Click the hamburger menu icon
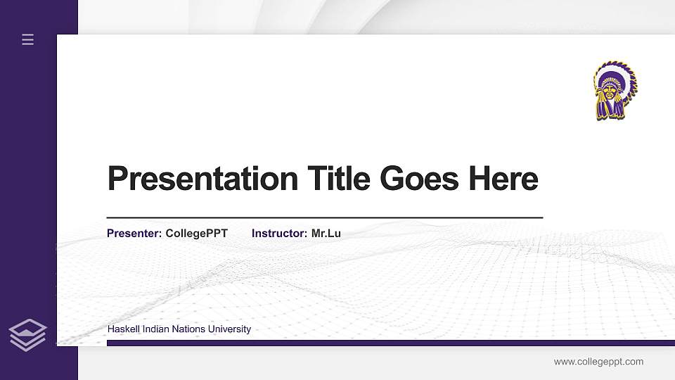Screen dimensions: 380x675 tap(28, 39)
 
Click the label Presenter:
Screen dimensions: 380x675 tap(134, 233)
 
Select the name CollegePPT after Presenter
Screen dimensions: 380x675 tap(197, 233)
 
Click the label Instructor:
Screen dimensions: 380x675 tap(279, 233)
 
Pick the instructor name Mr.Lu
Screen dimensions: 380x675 tap(326, 233)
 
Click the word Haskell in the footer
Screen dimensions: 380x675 tap(123, 329)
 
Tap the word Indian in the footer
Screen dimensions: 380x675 tap(155, 329)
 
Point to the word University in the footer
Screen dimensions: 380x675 tap(229, 329)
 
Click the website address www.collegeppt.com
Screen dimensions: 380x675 tap(598, 362)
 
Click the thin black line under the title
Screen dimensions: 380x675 tap(324, 217)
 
